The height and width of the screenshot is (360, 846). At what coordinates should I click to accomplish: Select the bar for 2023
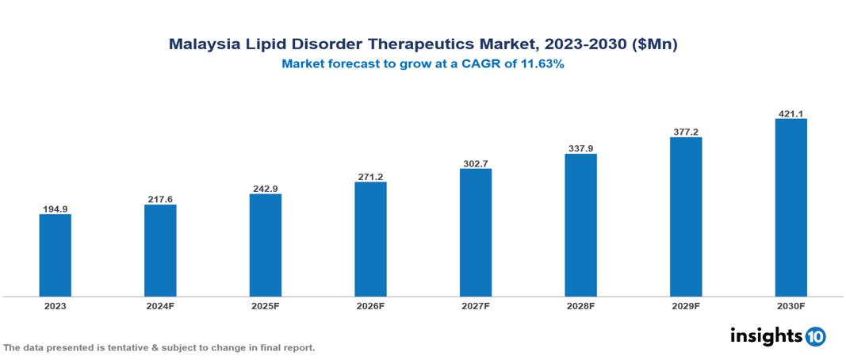click(x=55, y=255)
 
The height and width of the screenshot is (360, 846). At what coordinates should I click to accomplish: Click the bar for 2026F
click(x=370, y=239)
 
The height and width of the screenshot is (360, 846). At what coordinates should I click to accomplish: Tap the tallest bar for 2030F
click(x=790, y=208)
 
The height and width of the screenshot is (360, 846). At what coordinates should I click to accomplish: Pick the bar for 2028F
click(x=580, y=225)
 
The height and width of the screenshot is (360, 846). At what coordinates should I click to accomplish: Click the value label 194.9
click(x=55, y=209)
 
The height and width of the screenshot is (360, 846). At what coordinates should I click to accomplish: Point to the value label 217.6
click(x=160, y=199)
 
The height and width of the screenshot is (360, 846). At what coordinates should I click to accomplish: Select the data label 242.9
click(x=265, y=189)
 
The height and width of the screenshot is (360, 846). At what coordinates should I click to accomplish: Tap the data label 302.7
click(x=475, y=163)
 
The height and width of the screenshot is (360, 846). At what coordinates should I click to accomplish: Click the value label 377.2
click(x=685, y=132)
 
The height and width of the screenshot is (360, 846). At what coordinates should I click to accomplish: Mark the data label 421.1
click(x=790, y=114)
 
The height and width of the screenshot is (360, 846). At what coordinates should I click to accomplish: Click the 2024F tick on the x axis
click(x=160, y=305)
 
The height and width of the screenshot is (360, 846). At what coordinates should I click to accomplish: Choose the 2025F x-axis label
click(x=265, y=305)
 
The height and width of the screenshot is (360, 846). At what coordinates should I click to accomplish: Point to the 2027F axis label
click(x=475, y=305)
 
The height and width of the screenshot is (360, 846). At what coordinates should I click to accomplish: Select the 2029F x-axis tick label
click(x=685, y=305)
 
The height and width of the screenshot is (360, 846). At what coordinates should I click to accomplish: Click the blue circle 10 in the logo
click(x=815, y=336)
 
